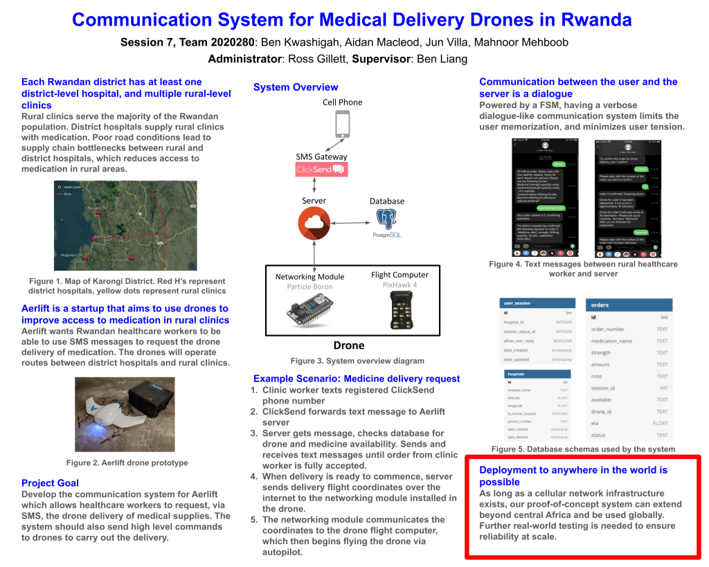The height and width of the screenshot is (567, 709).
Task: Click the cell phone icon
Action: coord(343,125)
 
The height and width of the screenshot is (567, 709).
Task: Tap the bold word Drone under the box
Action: coord(349,345)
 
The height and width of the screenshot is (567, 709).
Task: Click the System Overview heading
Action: coord(296,87)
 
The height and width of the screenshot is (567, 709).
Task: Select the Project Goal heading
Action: coord(50,483)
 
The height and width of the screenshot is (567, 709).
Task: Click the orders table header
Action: coord(628,305)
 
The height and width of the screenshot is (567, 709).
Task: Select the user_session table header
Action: coord(537,303)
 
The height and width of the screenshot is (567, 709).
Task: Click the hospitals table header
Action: coord(537,374)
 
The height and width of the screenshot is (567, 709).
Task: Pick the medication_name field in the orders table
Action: coord(611,341)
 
